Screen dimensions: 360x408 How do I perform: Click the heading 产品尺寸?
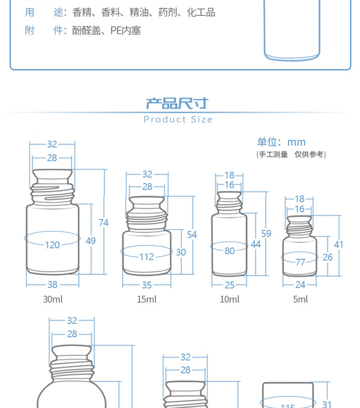coord(177,103)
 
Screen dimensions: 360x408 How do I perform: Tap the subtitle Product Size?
coord(178,120)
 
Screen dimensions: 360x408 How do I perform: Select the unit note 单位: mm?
coord(281,142)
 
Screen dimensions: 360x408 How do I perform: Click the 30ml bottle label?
coord(53,299)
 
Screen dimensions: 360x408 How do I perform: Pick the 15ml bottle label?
coord(147,299)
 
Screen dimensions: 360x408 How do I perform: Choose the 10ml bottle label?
coord(230,299)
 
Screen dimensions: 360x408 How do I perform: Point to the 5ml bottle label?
coord(300,299)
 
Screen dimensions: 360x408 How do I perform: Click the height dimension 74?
coord(104,223)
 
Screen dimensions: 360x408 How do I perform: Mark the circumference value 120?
coord(52,245)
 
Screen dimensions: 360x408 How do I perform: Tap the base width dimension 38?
coord(52,285)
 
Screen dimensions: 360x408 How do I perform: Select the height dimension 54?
coord(192,235)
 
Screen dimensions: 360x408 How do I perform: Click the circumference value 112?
coord(147,257)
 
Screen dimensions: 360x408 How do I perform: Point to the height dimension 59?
coord(266,234)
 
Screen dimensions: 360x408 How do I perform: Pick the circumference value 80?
coord(230,251)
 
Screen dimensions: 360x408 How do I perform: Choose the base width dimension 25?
coord(230,285)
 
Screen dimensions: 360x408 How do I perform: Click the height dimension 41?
coord(338,245)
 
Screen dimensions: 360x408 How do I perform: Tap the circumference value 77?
coord(300,262)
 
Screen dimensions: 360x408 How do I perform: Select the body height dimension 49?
coord(91,241)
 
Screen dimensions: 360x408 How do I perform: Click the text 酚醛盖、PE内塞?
coord(107,31)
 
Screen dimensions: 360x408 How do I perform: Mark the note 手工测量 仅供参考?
coord(291,155)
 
